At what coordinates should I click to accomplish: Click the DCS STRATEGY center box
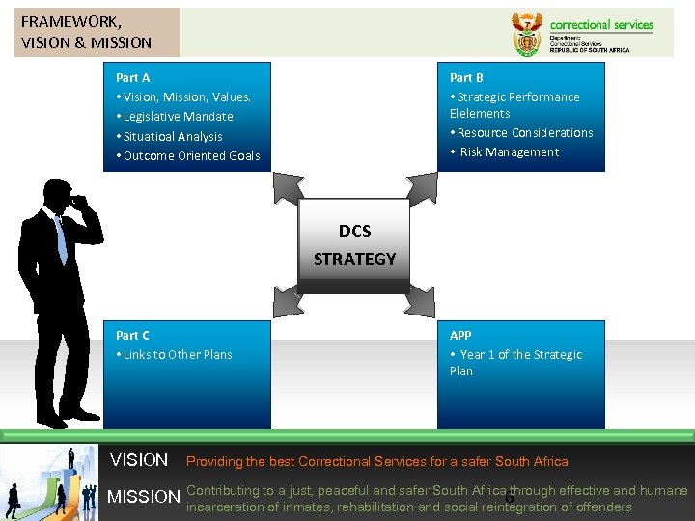tap(354, 245)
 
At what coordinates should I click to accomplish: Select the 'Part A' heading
tap(133, 77)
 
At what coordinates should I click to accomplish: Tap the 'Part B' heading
tap(466, 77)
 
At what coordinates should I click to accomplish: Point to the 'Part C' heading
tap(133, 335)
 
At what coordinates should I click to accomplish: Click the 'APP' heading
tap(460, 335)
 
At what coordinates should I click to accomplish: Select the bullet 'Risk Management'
tap(509, 152)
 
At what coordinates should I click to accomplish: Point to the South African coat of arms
tap(526, 34)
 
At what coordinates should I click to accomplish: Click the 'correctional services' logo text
tap(601, 25)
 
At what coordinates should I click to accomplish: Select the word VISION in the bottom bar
tap(139, 460)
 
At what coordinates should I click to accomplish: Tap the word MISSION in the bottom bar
tap(144, 498)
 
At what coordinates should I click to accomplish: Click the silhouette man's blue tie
tap(62, 239)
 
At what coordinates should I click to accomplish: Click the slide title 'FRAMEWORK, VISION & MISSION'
tap(86, 31)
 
